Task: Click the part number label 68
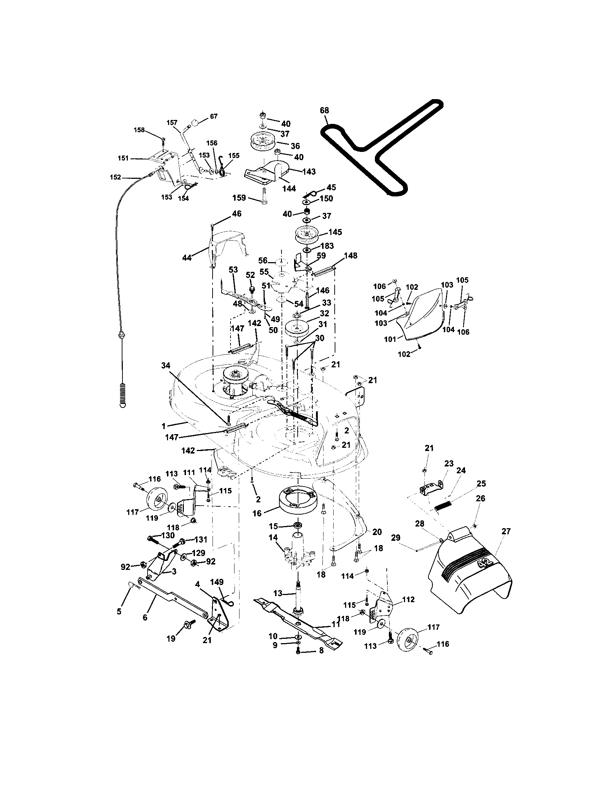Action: click(324, 110)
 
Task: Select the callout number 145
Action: click(335, 232)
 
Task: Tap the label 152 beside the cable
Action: click(115, 177)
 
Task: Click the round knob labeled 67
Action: click(195, 122)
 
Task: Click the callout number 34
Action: click(166, 366)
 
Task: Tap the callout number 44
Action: click(187, 257)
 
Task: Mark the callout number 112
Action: click(408, 599)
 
